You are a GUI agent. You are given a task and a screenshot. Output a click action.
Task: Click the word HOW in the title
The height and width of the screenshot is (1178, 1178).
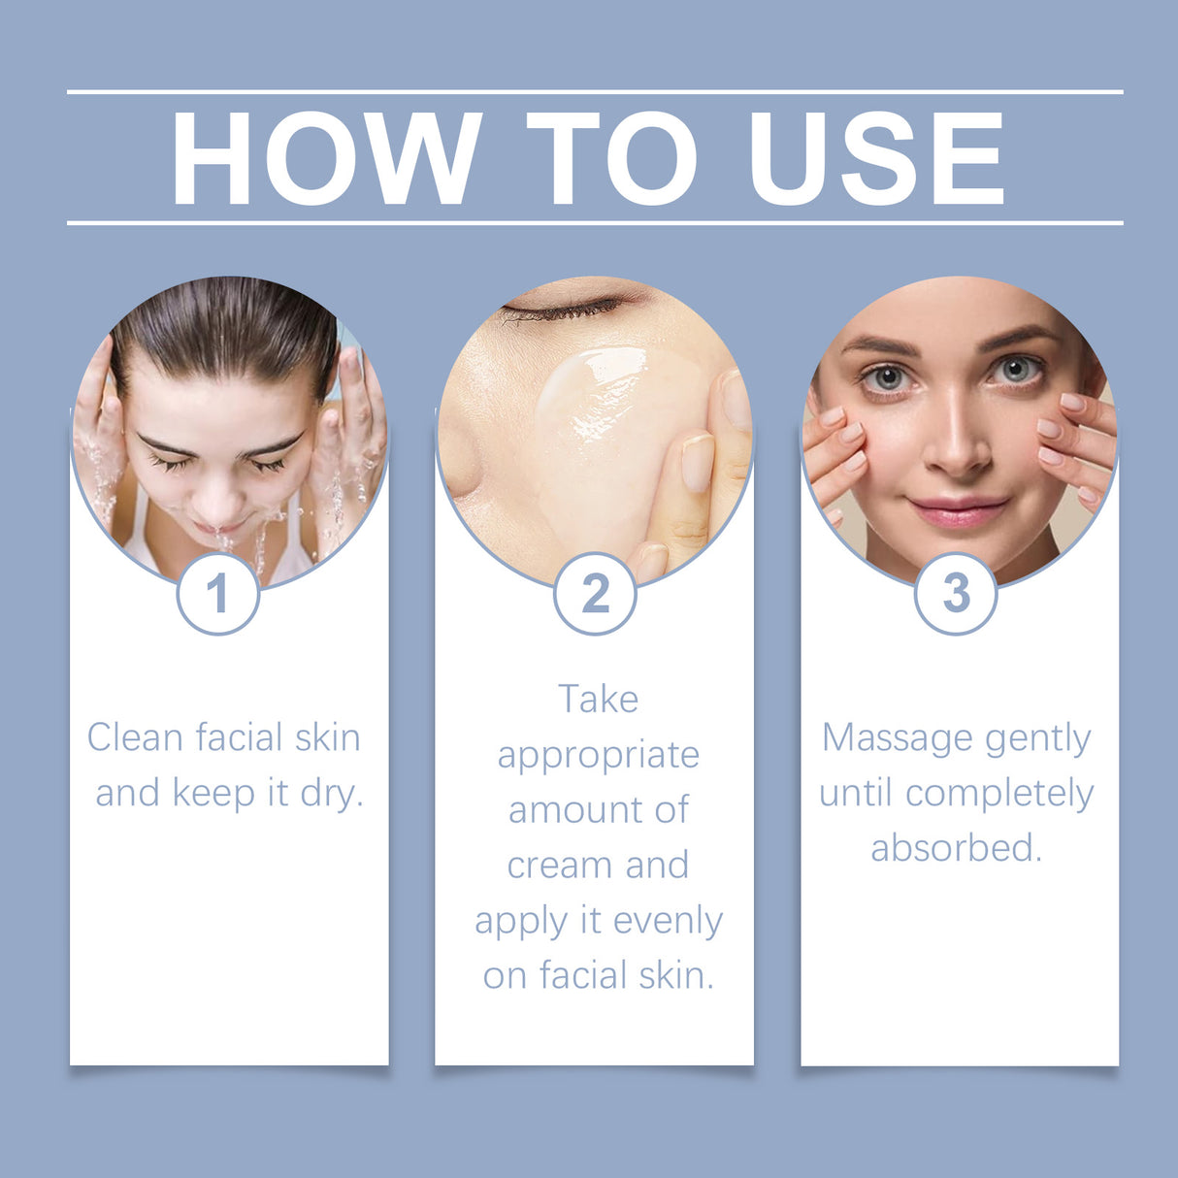326,159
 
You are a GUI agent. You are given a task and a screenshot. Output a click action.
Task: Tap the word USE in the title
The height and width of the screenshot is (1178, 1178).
876,159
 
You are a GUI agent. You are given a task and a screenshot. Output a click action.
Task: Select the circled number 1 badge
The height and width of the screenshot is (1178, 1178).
217,593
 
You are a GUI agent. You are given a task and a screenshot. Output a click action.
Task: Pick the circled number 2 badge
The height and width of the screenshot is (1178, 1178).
595,593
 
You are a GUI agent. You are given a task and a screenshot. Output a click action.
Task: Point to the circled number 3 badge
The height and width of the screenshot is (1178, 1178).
956,593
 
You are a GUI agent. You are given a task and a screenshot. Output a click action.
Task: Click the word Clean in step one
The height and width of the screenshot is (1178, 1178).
135,737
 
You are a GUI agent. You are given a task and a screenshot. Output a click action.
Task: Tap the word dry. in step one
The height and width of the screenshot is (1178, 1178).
332,794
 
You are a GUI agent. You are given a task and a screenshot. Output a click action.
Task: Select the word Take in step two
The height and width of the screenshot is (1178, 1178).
598,700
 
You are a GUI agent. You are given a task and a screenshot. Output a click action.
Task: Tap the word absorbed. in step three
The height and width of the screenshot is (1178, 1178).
956,849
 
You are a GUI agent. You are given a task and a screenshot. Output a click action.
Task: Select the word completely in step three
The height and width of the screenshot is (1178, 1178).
999,794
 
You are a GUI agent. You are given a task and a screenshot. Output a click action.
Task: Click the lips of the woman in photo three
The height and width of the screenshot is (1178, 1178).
957,510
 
